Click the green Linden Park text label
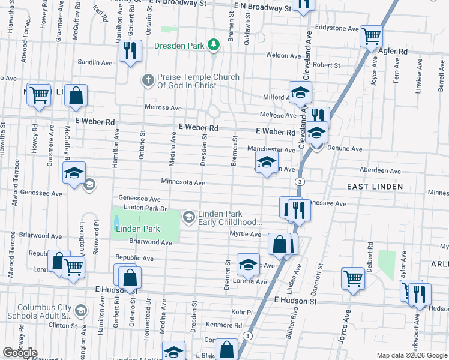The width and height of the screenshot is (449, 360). pos(138,229)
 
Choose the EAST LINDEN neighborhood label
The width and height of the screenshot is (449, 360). pos(375,187)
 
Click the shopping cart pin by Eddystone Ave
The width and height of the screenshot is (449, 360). pos(371,35)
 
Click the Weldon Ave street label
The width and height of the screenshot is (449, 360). pos(283,55)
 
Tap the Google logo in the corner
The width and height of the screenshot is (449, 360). pos(20,353)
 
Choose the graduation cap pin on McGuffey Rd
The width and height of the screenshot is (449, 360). pos(74,173)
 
